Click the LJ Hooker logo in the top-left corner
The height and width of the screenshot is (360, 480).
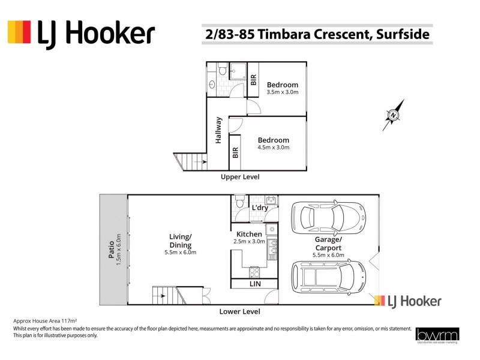point(81,33)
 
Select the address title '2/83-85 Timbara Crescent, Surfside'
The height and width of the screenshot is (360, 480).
point(317,34)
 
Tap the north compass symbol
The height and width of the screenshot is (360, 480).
point(393,115)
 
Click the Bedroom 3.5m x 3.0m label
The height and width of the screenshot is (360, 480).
point(282,88)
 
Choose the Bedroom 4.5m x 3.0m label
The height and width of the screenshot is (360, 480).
point(273,143)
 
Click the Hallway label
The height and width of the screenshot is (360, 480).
point(218,130)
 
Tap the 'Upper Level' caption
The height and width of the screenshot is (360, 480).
point(240,177)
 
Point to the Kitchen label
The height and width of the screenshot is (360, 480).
point(249,237)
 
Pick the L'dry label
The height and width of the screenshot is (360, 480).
point(259,208)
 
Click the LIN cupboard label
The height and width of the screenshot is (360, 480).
point(254,284)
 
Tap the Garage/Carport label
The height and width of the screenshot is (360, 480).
point(329,247)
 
